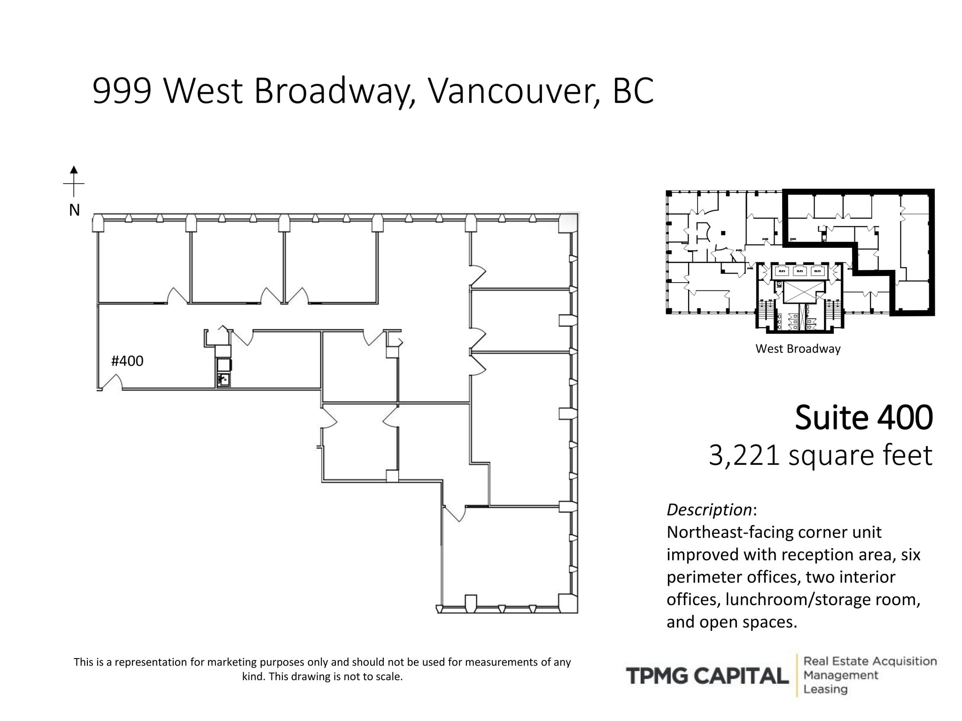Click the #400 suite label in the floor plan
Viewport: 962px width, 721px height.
tap(127, 361)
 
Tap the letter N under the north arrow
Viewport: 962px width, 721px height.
tap(74, 210)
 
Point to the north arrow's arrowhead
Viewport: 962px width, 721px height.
tap(74, 170)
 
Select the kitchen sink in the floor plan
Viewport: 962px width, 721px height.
tap(224, 379)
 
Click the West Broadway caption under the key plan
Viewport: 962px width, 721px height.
tap(798, 349)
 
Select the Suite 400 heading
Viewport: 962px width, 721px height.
tap(863, 417)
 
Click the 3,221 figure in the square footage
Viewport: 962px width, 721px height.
tap(744, 455)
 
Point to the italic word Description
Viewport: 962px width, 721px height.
tap(709, 510)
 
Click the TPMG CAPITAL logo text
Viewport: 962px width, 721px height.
tap(707, 676)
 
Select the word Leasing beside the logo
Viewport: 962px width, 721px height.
tap(825, 689)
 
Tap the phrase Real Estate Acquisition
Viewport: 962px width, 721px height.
tap(870, 661)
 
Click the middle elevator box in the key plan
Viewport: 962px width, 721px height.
tap(799, 271)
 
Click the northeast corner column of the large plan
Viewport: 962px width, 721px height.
tap(568, 223)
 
